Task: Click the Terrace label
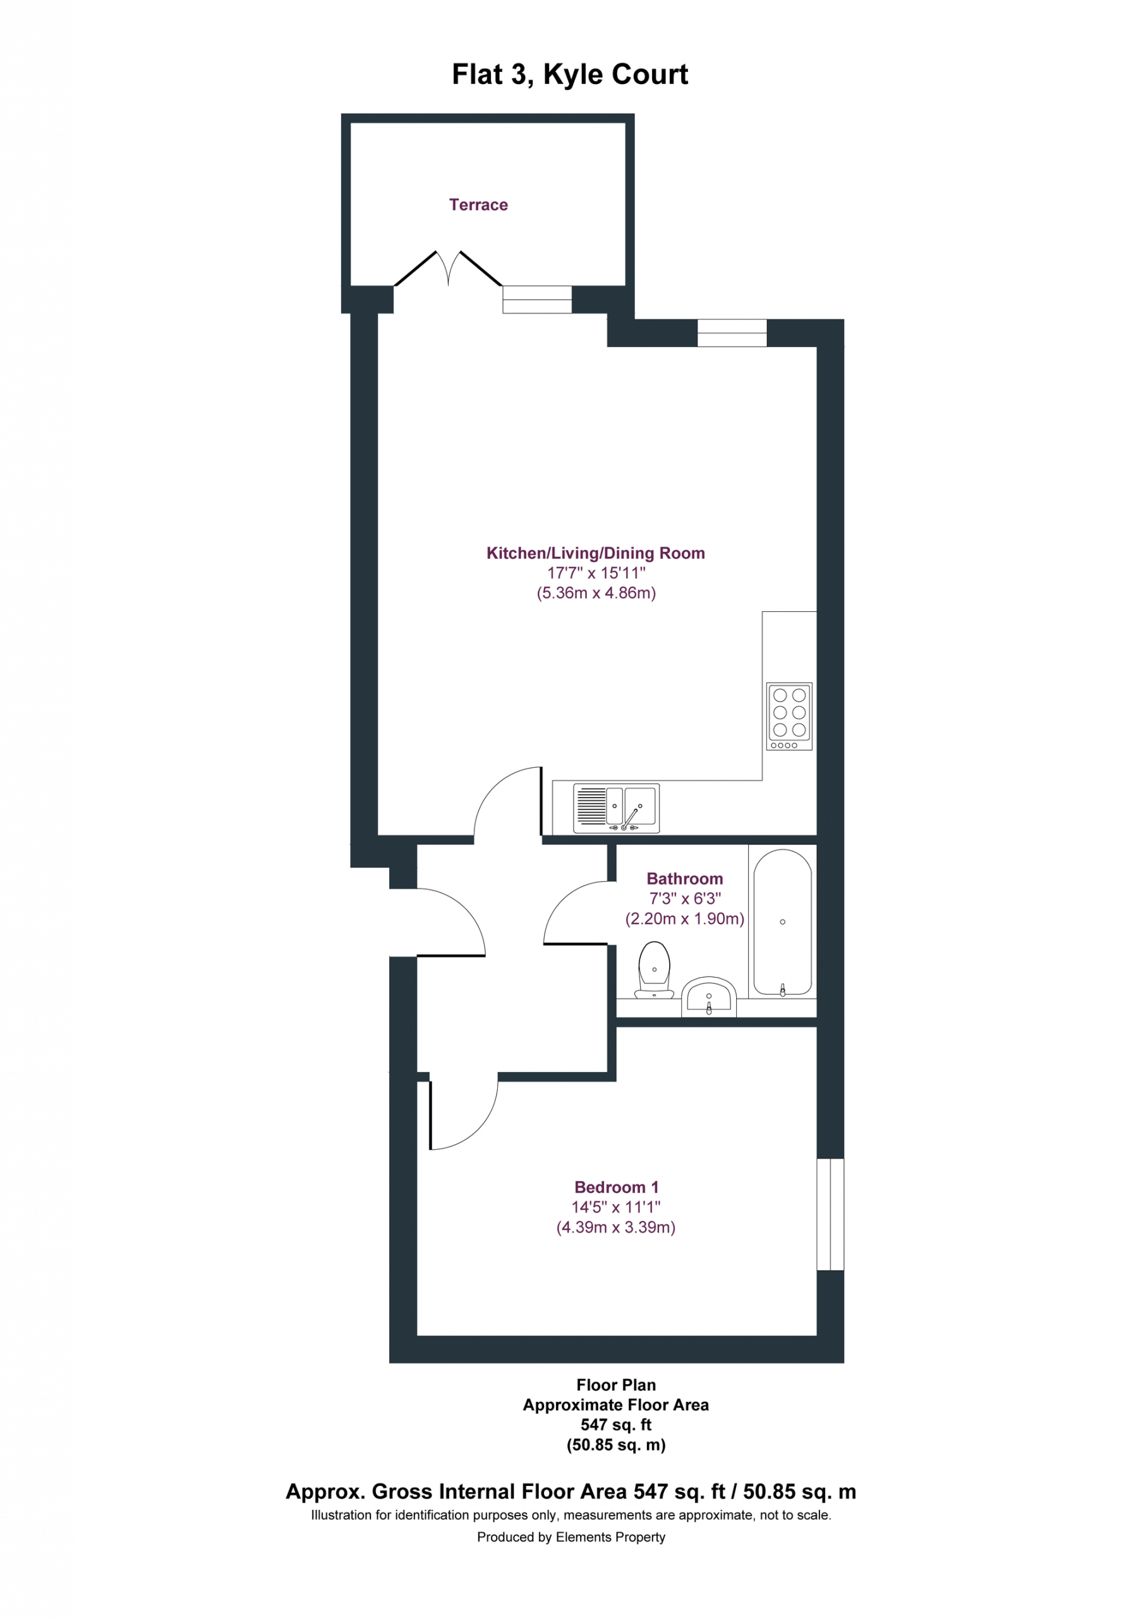click(478, 204)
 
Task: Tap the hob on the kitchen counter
click(789, 716)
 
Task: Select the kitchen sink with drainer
click(616, 808)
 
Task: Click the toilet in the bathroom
click(654, 970)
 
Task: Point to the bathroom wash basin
click(709, 997)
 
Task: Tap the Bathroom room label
click(685, 879)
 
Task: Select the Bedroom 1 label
click(617, 1188)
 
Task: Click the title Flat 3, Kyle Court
click(570, 75)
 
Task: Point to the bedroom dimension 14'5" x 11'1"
click(616, 1207)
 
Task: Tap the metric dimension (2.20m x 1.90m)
click(685, 919)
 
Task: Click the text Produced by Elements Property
click(571, 1537)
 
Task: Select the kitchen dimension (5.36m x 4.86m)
click(596, 593)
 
